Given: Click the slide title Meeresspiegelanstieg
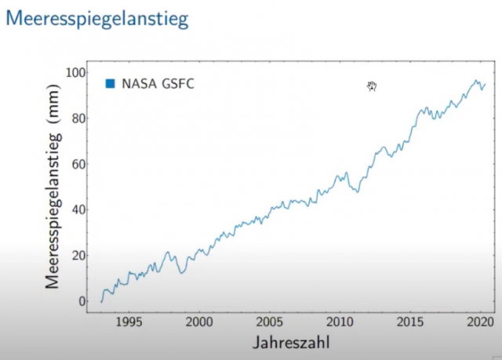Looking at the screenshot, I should coord(97,19).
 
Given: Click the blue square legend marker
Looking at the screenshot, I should coord(111,82).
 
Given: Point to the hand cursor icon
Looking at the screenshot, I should coord(373,86).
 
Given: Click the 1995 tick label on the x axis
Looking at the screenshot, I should coord(129,322).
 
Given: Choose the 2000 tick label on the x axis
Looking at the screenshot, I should coord(199,322).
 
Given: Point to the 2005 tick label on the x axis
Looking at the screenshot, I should coord(270,322).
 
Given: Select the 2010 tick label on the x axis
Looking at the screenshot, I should coord(340,322).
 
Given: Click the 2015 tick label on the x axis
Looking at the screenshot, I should coord(409,322).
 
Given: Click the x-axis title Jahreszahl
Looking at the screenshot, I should coord(290,343).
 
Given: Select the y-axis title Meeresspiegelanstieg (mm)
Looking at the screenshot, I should coord(53,188).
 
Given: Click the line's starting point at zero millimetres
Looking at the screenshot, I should coord(101,301).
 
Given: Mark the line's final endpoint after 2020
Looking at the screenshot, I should coord(485,84).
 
